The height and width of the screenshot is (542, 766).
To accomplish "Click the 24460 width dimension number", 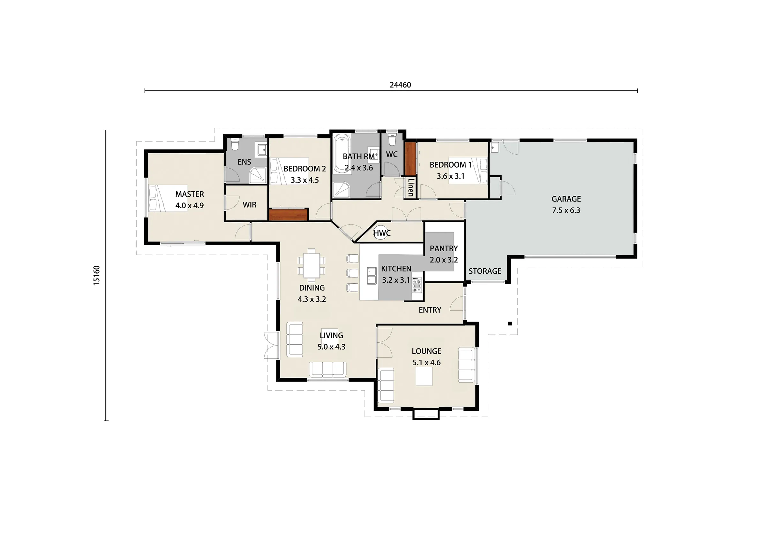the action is coord(400,85).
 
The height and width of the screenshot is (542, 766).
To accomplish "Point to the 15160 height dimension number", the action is coord(96,275).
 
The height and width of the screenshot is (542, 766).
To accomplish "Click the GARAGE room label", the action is coord(566,199).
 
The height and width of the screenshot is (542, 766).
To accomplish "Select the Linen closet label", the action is coord(411,187).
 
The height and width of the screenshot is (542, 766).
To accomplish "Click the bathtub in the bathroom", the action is coord(342,154).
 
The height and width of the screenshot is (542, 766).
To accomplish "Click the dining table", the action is coord(312,265).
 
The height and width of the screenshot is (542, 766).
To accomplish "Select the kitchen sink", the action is coord(372,276).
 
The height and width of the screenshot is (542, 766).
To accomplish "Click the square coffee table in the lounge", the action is coord(424,376).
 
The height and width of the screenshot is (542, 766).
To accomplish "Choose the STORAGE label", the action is coord(485,271).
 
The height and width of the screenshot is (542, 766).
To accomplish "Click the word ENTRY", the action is coord(430,310).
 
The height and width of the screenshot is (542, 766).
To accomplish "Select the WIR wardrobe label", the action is coord(250,205).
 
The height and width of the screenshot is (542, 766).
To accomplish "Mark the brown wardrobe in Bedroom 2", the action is coord(288,214).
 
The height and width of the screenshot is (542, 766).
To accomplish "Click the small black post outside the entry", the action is coord(509,323).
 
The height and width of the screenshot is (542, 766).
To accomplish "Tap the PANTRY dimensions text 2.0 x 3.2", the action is coord(444,260).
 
